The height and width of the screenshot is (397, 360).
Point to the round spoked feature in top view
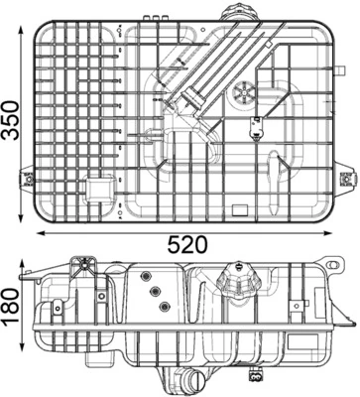pos(242,95)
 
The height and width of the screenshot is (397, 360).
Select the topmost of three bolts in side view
pos(145,276)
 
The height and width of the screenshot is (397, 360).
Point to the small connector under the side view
pos(260,376)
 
